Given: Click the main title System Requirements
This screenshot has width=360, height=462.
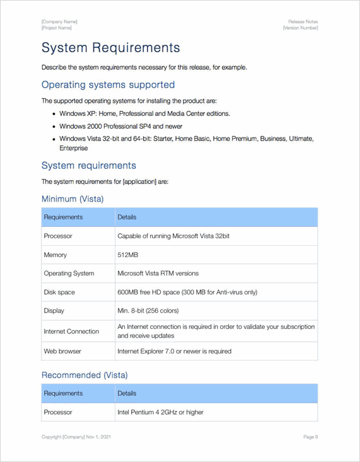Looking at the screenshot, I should tap(110, 48).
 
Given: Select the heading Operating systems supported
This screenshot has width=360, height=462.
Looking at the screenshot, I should tap(108, 84).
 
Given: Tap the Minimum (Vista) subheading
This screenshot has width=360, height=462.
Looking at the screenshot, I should tap(73, 199).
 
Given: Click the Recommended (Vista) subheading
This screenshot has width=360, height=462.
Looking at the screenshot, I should tap(84, 375).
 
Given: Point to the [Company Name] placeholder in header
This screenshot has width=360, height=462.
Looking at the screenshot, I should tap(59, 21).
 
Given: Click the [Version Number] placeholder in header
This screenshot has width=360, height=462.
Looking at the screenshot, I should tap(300, 28).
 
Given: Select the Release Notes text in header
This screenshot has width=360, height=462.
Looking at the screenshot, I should tap(303, 21).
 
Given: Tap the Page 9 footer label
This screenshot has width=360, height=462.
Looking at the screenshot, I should tap(310, 437).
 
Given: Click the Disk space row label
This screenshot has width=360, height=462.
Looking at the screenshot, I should tap(59, 292).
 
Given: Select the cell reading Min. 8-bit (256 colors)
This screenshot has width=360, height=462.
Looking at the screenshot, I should tap(148, 311).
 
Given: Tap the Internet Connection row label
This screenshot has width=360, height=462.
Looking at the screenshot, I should tap(71, 332).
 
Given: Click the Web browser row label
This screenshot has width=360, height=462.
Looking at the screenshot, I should tap(62, 351).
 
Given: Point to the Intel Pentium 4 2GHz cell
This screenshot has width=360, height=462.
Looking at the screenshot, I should tap(160, 412).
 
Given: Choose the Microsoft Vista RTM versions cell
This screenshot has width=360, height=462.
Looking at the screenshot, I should tap(158, 274).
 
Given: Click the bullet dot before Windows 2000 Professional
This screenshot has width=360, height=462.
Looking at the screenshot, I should tap(54, 126).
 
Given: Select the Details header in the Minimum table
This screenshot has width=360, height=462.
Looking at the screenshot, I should tap(127, 217).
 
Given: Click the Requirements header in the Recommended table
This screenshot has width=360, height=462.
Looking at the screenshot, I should tap(63, 393).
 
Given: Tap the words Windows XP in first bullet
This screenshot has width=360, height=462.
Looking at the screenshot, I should tap(78, 113).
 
